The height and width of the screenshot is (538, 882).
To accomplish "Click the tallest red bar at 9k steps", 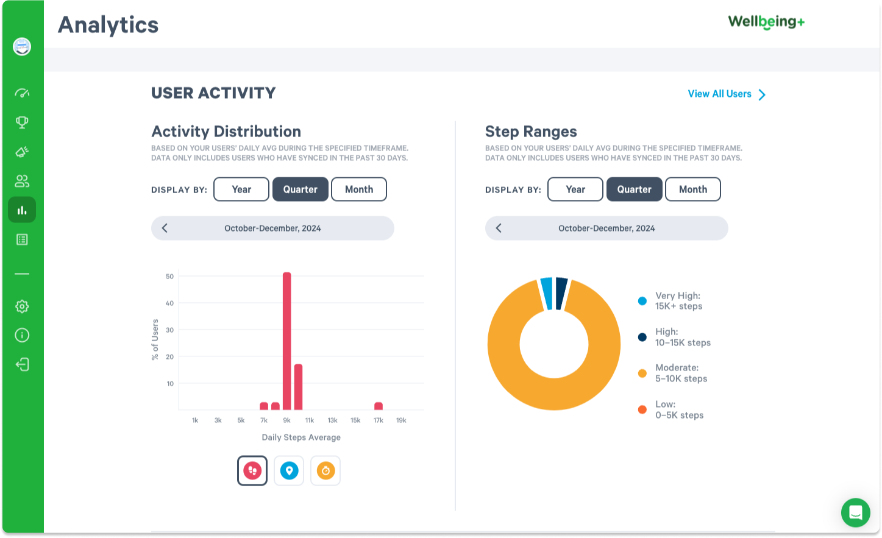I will (287, 341).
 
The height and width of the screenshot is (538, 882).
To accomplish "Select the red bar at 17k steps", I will (379, 406).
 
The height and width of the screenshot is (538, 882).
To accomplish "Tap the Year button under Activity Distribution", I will (241, 189).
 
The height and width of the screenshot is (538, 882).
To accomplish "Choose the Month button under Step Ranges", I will (693, 189).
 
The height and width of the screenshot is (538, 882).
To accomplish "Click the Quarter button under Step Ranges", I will (634, 189).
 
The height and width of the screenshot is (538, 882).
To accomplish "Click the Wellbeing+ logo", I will (766, 23).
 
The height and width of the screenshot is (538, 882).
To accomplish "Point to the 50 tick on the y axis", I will (169, 277).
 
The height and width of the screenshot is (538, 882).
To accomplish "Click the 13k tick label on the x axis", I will (332, 420).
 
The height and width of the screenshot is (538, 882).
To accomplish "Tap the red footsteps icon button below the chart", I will (252, 470).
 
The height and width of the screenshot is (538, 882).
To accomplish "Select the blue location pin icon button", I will (289, 470).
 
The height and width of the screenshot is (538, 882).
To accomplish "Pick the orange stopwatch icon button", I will (325, 470).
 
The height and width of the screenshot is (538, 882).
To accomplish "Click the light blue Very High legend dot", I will (642, 301).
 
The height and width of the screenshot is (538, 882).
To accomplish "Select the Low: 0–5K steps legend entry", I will (679, 409).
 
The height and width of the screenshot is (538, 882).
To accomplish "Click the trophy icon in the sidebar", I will (22, 122).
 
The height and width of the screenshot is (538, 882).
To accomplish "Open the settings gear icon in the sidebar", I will (22, 306).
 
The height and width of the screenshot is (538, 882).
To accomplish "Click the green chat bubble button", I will (855, 512).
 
